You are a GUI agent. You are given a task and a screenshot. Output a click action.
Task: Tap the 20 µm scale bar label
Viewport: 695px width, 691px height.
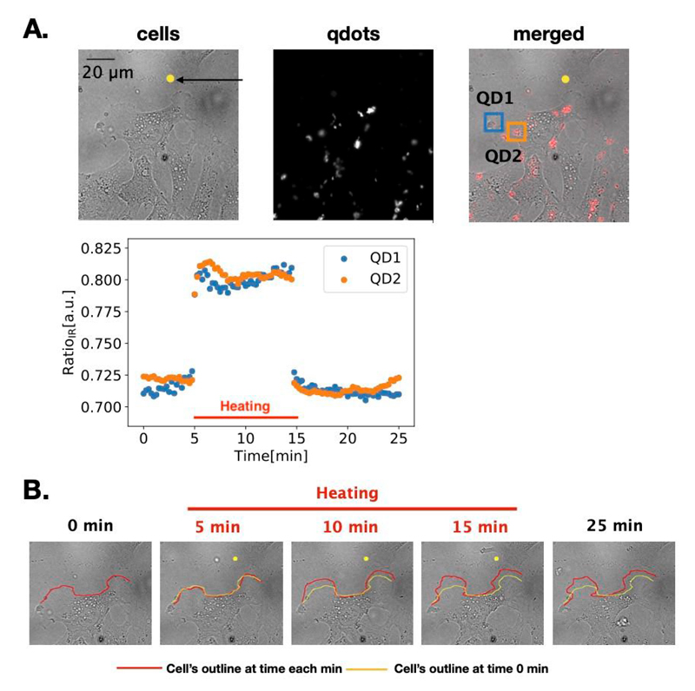[108, 72]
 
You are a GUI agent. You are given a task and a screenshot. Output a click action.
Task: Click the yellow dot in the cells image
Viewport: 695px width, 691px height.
[170, 79]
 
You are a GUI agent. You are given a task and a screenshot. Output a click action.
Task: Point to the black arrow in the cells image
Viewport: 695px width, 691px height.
[209, 80]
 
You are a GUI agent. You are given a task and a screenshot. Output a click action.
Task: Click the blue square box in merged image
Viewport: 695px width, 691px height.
[493, 122]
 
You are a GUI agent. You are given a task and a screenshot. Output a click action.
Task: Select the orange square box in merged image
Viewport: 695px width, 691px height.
[516, 132]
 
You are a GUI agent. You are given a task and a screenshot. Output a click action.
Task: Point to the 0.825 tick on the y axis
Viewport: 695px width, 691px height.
[100, 247]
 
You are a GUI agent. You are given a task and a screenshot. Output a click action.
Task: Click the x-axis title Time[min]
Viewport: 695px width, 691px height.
[270, 455]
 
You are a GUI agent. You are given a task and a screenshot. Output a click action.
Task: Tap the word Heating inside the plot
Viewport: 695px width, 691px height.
[244, 405]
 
